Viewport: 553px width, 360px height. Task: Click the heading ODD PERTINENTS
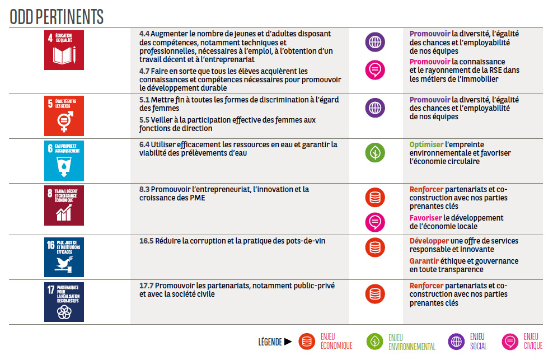(x=57, y=17)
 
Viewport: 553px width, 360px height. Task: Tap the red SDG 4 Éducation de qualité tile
(x=64, y=50)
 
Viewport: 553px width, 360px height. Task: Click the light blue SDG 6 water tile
(x=64, y=160)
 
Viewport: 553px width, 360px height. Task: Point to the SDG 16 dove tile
(x=64, y=257)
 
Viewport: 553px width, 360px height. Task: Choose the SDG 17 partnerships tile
(x=64, y=302)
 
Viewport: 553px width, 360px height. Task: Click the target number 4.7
(x=144, y=71)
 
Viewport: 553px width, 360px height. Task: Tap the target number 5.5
(x=144, y=120)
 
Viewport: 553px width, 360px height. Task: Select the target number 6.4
(x=144, y=144)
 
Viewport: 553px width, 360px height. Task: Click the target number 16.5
(x=146, y=241)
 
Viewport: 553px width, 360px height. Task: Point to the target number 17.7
(x=146, y=286)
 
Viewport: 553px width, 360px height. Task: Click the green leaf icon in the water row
(x=375, y=152)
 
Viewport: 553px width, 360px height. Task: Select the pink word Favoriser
(x=425, y=218)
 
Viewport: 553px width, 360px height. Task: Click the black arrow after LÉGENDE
(x=288, y=341)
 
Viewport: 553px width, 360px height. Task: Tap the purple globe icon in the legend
(x=457, y=341)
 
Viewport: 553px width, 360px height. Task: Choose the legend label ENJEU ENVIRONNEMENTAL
(x=411, y=342)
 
